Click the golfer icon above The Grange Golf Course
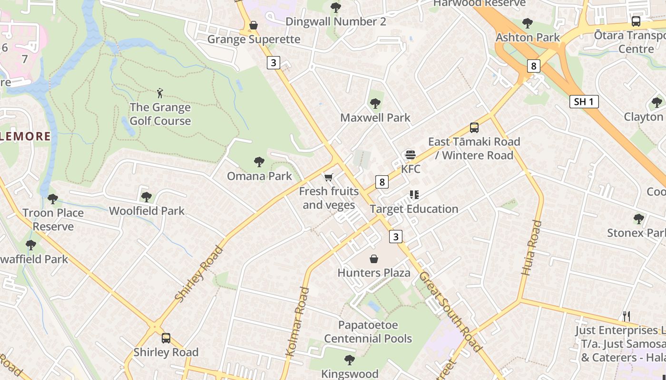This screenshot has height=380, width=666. [160, 93]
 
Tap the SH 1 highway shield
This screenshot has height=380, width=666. [584, 102]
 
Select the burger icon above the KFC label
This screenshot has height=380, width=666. [410, 155]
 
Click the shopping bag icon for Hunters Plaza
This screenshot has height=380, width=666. [374, 259]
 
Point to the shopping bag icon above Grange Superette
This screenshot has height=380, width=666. [254, 25]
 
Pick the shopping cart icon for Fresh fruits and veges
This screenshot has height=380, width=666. [328, 178]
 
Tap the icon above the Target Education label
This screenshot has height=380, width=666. [414, 195]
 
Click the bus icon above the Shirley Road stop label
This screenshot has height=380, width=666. [166, 338]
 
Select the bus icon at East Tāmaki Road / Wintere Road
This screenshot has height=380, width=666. [474, 127]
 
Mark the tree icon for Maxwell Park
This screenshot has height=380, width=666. [375, 104]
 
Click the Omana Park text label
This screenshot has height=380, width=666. [259, 176]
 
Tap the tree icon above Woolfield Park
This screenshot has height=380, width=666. [147, 197]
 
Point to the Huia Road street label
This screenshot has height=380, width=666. [531, 248]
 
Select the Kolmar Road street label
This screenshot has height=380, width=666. [298, 322]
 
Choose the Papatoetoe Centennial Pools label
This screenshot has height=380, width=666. [368, 332]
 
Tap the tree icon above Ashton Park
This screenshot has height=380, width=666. [527, 23]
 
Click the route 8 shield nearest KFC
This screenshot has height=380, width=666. [382, 182]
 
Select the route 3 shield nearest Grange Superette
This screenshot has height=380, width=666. [273, 62]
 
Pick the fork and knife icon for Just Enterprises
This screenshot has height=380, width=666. [627, 316]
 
